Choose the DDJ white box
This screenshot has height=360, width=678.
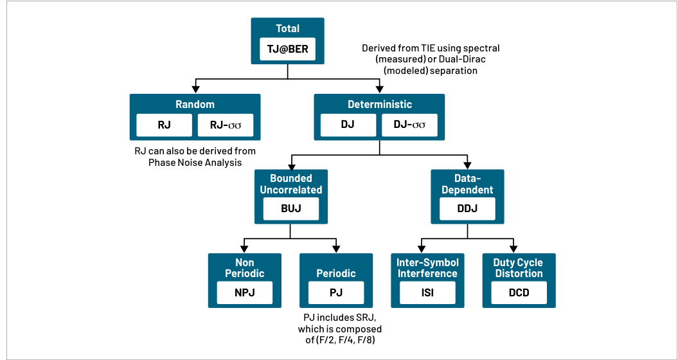467,208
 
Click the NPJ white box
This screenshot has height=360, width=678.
245,292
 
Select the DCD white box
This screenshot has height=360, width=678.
519,292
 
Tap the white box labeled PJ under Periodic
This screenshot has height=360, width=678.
336,292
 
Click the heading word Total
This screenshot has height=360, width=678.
287,29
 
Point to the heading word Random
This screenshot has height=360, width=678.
195,105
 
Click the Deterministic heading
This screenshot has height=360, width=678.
379,105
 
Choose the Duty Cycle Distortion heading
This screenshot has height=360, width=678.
519,268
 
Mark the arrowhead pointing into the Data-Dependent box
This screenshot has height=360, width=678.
467,165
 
